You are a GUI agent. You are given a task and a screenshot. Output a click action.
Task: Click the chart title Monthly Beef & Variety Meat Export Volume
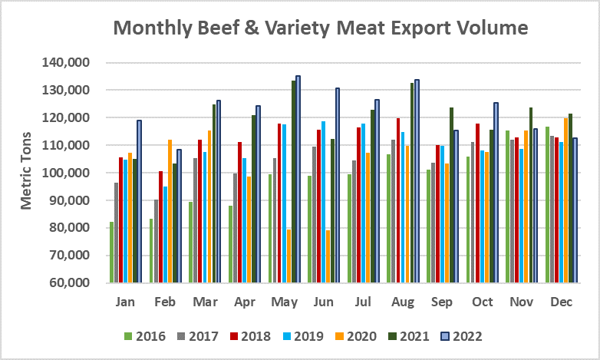[x=321, y=28]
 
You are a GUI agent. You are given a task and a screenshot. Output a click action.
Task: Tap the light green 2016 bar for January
[x=111, y=252]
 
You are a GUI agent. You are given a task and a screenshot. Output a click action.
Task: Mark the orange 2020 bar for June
[x=328, y=256]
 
